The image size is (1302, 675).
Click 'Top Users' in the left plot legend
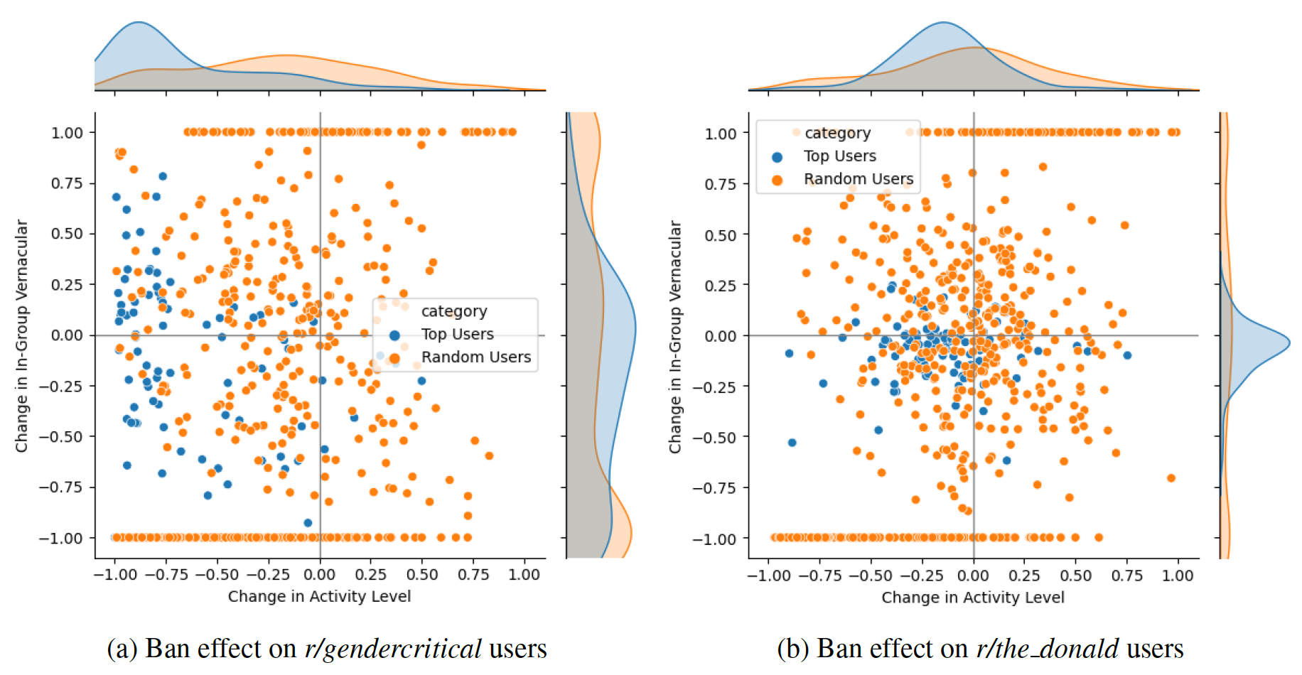point(457,334)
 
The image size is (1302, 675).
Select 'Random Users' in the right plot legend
point(858,179)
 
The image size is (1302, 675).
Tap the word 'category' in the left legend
point(454,311)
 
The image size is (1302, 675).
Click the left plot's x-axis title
point(319,596)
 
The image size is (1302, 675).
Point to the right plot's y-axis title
point(675,336)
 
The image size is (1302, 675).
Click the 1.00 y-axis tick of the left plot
point(67,133)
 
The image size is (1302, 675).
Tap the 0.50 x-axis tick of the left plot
point(422,575)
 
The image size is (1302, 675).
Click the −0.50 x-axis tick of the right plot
point(871,576)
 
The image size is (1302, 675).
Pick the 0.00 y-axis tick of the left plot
point(67,335)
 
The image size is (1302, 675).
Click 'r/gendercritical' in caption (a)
point(393,649)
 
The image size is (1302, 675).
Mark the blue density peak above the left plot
point(139,23)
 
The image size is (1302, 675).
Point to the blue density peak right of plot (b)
point(1288,342)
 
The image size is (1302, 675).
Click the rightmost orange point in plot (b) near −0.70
point(1171,478)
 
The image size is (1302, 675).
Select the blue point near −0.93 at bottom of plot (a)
point(308,523)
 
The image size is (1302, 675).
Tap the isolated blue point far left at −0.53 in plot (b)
point(792,443)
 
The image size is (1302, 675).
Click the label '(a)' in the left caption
point(122,649)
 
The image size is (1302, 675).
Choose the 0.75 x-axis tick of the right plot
point(1127,576)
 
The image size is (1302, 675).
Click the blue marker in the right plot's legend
point(777,157)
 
